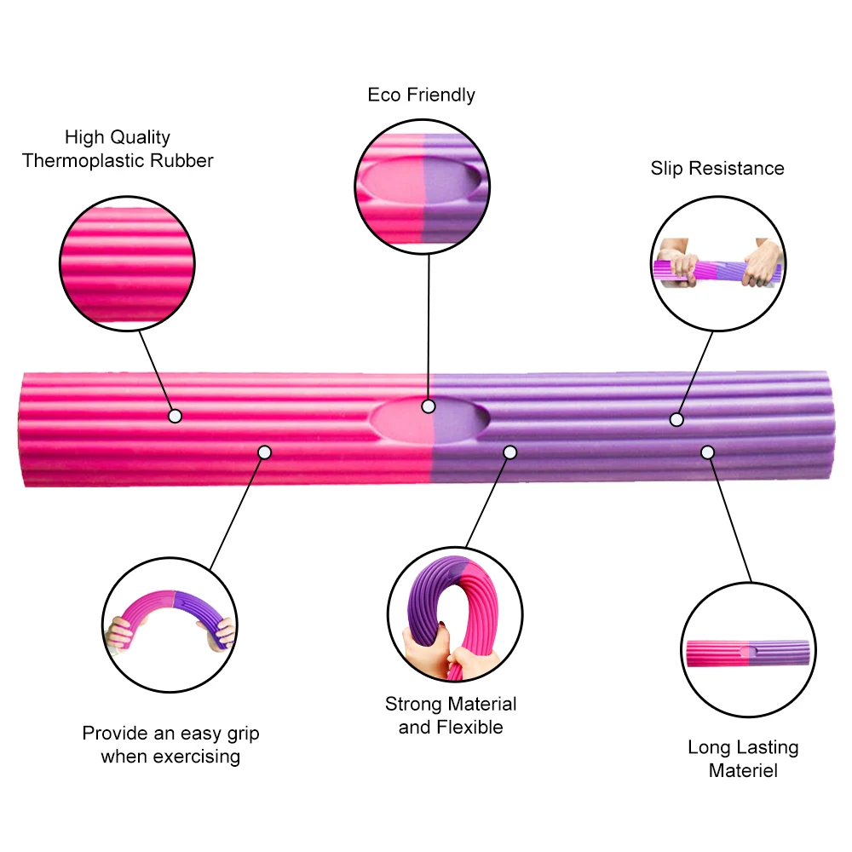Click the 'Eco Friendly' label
point(421,95)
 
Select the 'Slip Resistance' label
point(717,168)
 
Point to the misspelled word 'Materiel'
point(744,771)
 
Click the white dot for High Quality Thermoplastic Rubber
point(176,416)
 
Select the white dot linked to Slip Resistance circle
point(676,419)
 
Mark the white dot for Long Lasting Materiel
point(707,451)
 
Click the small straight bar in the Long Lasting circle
point(747,653)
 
